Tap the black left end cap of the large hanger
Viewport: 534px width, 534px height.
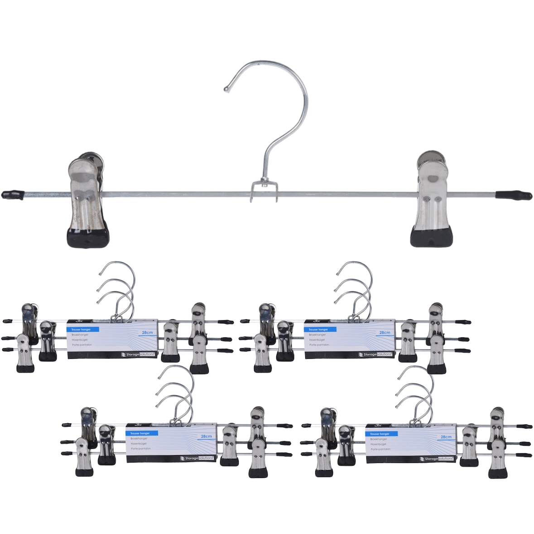click(13, 195)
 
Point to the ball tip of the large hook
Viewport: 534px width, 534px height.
click(226, 90)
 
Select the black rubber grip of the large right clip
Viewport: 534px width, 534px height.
click(431, 236)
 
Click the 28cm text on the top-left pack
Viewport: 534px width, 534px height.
click(147, 332)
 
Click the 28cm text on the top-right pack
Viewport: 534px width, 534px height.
click(385, 332)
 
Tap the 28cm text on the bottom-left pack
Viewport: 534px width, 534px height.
click(206, 436)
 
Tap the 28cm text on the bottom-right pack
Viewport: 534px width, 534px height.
click(446, 437)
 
